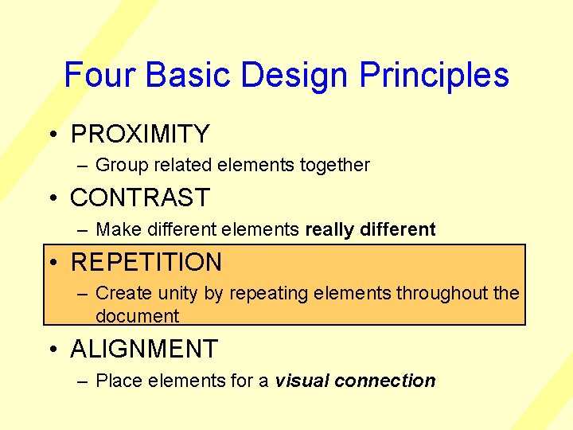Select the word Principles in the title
coord(435,75)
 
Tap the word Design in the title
coord(295,75)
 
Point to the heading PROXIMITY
coord(140,134)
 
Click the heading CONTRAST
coord(140,197)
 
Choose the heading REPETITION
coord(146,262)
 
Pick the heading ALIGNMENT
coord(144,349)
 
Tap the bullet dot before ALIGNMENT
coord(52,349)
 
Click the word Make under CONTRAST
coord(117,230)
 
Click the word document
coord(137,316)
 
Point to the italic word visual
coord(302,381)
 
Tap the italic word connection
coord(385,381)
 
